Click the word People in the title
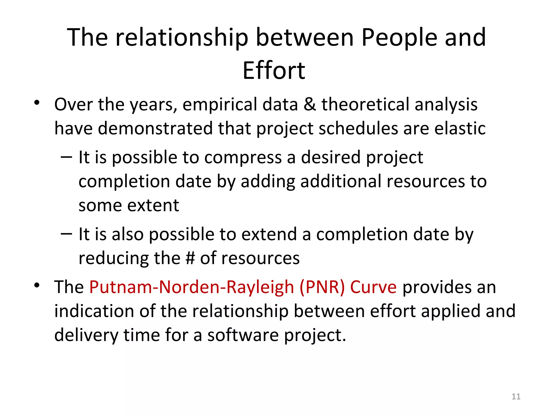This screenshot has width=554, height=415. coord(399,38)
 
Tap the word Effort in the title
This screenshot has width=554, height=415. coord(274,71)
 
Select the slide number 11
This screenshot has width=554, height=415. coord(516,396)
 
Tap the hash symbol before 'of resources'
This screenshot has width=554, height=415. coord(190,258)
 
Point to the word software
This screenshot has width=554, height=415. coord(243,335)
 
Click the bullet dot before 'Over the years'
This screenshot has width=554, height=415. coord(37,103)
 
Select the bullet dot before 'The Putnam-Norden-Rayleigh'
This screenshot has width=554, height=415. coord(37,285)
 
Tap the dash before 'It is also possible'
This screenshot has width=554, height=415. coord(67,233)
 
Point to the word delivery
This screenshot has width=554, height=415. coord(86,335)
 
